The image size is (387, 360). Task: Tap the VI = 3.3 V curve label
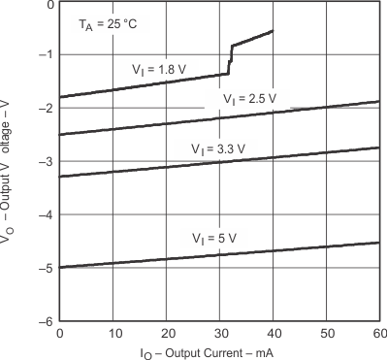[x=218, y=149]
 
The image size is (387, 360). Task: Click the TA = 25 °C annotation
[x=108, y=21]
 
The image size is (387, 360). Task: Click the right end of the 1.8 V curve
[x=272, y=31]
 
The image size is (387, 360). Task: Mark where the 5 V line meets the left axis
[x=60, y=267]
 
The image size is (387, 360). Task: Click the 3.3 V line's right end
[x=378, y=147]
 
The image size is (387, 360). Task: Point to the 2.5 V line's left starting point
[x=60, y=134]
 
